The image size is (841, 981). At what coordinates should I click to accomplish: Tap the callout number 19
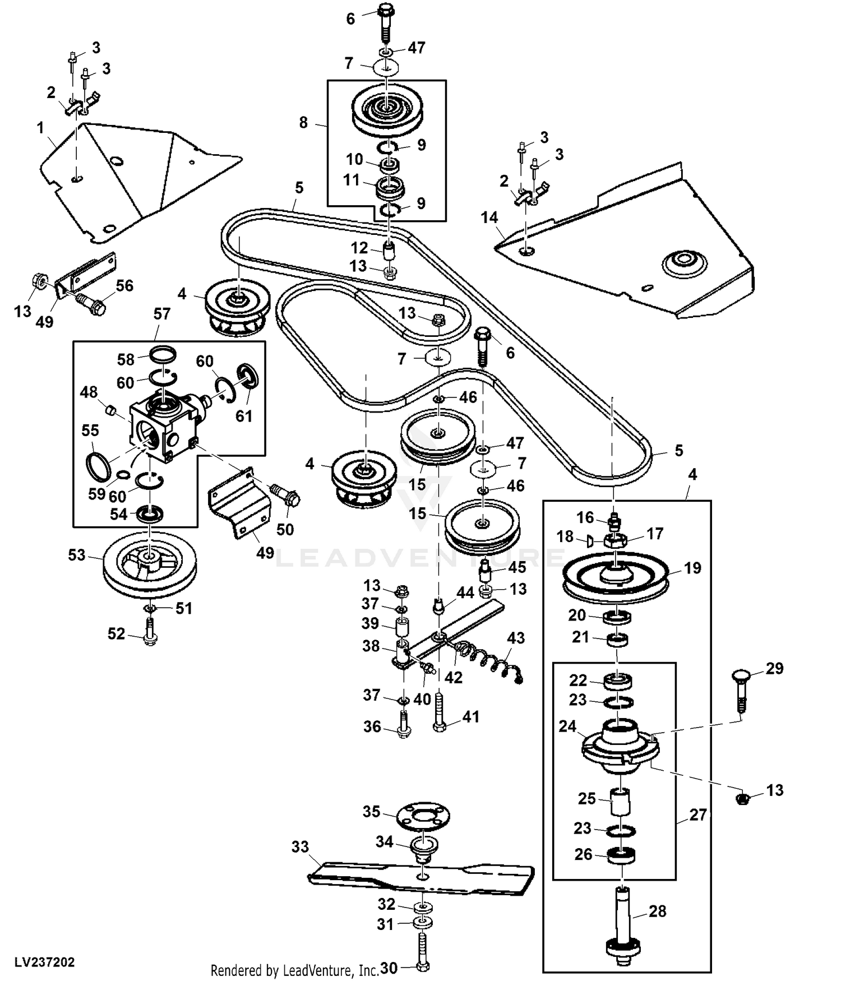coord(693,568)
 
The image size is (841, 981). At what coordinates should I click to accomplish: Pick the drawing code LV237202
coord(45,963)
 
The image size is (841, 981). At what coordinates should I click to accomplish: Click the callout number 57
coord(161,314)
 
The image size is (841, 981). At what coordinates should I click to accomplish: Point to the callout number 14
coord(489,218)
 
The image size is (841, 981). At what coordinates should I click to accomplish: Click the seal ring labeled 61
coord(247,376)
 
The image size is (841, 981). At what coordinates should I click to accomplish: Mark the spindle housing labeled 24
coord(618,744)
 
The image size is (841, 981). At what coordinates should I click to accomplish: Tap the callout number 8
coord(303,122)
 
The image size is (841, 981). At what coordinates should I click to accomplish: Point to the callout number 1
coord(40,128)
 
